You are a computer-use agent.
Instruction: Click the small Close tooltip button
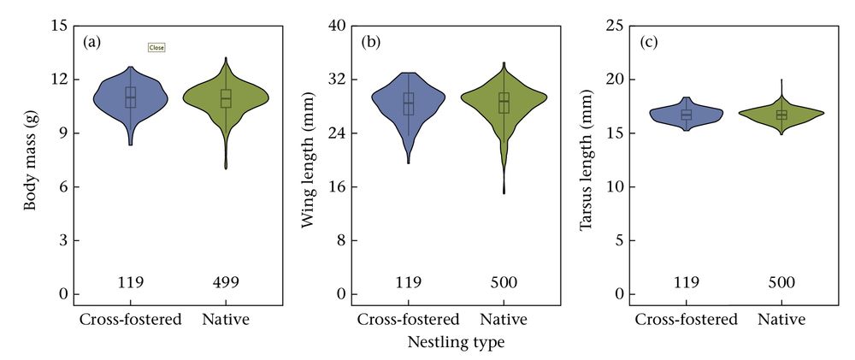point(156,48)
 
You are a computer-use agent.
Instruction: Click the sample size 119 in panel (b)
point(408,281)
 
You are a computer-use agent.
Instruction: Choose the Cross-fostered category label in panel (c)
point(686,320)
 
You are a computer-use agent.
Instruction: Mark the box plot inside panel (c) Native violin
point(781,115)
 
